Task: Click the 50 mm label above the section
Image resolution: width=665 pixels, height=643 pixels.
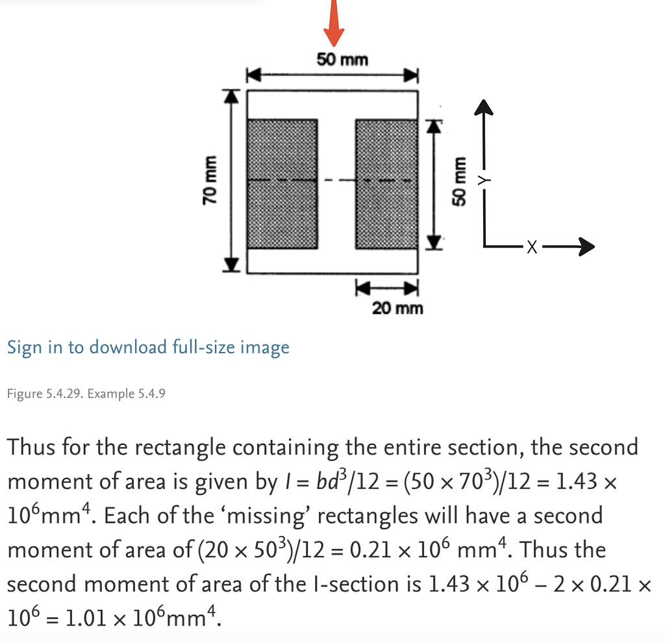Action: click(x=342, y=60)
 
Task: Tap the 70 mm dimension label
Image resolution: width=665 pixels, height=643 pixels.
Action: click(x=209, y=180)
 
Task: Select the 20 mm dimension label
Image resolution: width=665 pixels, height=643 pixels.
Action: click(x=397, y=307)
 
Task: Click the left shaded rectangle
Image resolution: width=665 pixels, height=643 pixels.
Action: click(x=282, y=184)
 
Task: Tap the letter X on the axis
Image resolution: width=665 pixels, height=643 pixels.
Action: click(x=532, y=247)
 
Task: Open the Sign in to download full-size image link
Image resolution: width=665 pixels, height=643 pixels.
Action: click(x=148, y=347)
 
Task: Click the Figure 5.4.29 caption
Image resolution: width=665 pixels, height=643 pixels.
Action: click(x=85, y=394)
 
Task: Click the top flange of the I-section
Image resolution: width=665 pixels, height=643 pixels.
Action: click(x=332, y=105)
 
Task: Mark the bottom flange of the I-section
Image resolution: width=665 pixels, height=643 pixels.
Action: click(x=332, y=260)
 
